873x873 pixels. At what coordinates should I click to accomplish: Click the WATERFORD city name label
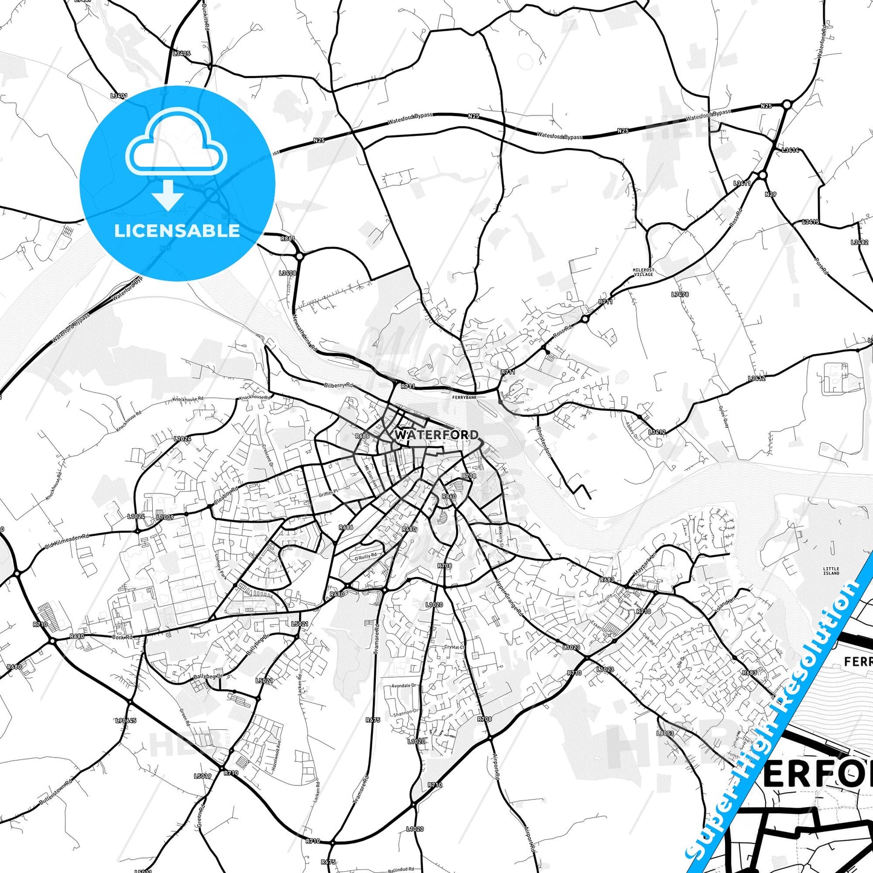436,434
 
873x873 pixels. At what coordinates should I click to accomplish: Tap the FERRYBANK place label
464,398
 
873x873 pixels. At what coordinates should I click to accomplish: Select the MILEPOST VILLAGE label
643,272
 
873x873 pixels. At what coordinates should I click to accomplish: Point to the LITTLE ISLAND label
831,571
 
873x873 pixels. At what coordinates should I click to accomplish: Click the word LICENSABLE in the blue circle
177,230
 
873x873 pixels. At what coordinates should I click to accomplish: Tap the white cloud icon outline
176,142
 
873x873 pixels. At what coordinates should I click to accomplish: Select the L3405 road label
181,54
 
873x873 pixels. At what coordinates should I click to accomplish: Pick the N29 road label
770,195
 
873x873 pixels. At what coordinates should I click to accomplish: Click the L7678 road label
680,295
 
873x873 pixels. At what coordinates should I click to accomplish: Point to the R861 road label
288,239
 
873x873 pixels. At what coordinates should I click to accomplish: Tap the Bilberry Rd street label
338,385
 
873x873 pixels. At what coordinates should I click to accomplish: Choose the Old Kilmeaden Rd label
66,541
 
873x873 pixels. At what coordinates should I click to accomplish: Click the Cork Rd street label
121,637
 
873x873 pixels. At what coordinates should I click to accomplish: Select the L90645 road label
126,721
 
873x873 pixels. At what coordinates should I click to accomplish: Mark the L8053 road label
665,733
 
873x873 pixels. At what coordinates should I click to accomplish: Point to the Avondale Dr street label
404,686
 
